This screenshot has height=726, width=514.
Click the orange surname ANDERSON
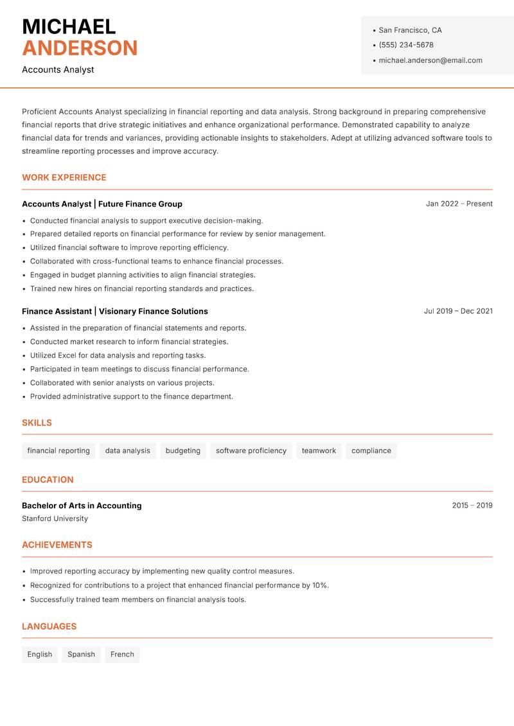pyautogui.click(x=80, y=48)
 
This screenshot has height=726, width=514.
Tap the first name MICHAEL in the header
pyautogui.click(x=69, y=27)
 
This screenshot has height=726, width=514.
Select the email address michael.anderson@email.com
pyautogui.click(x=430, y=60)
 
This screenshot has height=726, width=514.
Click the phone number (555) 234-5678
pyautogui.click(x=405, y=45)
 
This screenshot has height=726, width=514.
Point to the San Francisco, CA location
pyautogui.click(x=410, y=30)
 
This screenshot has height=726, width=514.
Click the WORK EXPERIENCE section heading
pyautogui.click(x=64, y=177)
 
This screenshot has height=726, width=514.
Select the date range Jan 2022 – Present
pyautogui.click(x=459, y=204)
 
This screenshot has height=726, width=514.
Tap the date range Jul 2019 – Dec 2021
pyautogui.click(x=457, y=311)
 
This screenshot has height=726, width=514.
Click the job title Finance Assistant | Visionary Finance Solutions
pyautogui.click(x=115, y=311)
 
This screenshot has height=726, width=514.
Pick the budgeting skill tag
pyautogui.click(x=182, y=451)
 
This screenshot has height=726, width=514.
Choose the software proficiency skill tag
pyautogui.click(x=251, y=451)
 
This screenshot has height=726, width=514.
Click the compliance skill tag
pyautogui.click(x=371, y=451)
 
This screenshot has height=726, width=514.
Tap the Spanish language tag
pyautogui.click(x=81, y=655)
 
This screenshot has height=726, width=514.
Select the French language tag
pyautogui.click(x=122, y=655)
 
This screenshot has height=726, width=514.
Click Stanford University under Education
pyautogui.click(x=55, y=518)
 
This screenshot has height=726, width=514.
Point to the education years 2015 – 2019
pyautogui.click(x=472, y=506)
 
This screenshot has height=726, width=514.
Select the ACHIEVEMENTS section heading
pyautogui.click(x=57, y=545)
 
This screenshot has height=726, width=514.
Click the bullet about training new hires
pyautogui.click(x=142, y=288)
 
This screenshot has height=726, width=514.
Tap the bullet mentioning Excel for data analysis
pyautogui.click(x=118, y=355)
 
